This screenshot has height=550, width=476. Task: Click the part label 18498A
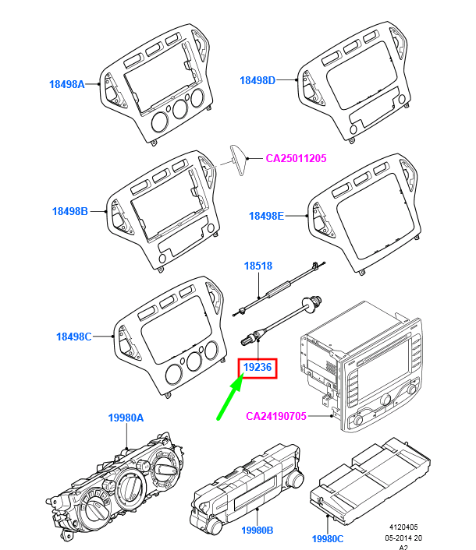pos(67,84)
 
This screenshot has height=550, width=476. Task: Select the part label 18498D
pos(258,80)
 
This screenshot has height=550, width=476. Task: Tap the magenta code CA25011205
pos(296,158)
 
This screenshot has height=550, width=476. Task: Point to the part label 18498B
pos(70,211)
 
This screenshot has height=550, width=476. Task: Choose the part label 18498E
pos(266,216)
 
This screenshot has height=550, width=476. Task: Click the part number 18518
pos(258,266)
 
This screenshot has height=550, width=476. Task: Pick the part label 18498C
pos(74,337)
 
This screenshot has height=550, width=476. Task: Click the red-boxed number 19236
pos(258,367)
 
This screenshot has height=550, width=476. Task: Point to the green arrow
pos(230,397)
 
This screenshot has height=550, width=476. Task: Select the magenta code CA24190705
pos(276,416)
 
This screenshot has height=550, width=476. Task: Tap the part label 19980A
pos(126,418)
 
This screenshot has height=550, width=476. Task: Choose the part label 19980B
pos(258,530)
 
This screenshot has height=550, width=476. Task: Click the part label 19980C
pos(328,539)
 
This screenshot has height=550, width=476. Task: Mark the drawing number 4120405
pos(403,527)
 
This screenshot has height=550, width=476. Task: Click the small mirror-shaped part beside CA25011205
pos(238,160)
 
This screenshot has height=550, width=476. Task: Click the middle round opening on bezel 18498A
pos(180,109)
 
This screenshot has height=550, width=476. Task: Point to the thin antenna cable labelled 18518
pos(279,289)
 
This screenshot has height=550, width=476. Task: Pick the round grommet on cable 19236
pos(307,305)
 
